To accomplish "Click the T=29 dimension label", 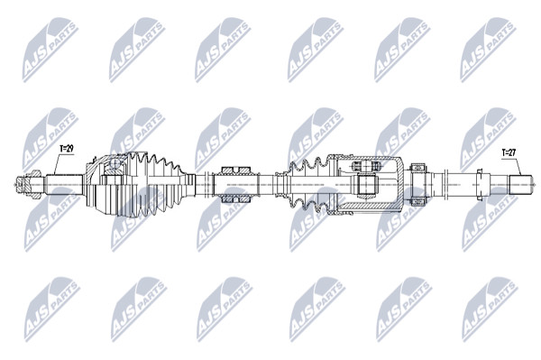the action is pyautogui.click(x=67, y=149).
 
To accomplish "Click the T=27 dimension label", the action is pyautogui.click(x=509, y=152).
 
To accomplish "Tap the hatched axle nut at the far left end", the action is pyautogui.click(x=30, y=184).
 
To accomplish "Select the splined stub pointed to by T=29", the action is pyautogui.click(x=65, y=184).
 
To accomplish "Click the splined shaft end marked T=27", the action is pyautogui.click(x=520, y=184).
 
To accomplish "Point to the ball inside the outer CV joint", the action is pyautogui.click(x=115, y=163).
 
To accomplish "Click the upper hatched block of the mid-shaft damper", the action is pyautogui.click(x=236, y=171).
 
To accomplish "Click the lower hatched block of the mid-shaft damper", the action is pyautogui.click(x=236, y=198).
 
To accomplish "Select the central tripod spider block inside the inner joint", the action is pyautogui.click(x=366, y=184).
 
